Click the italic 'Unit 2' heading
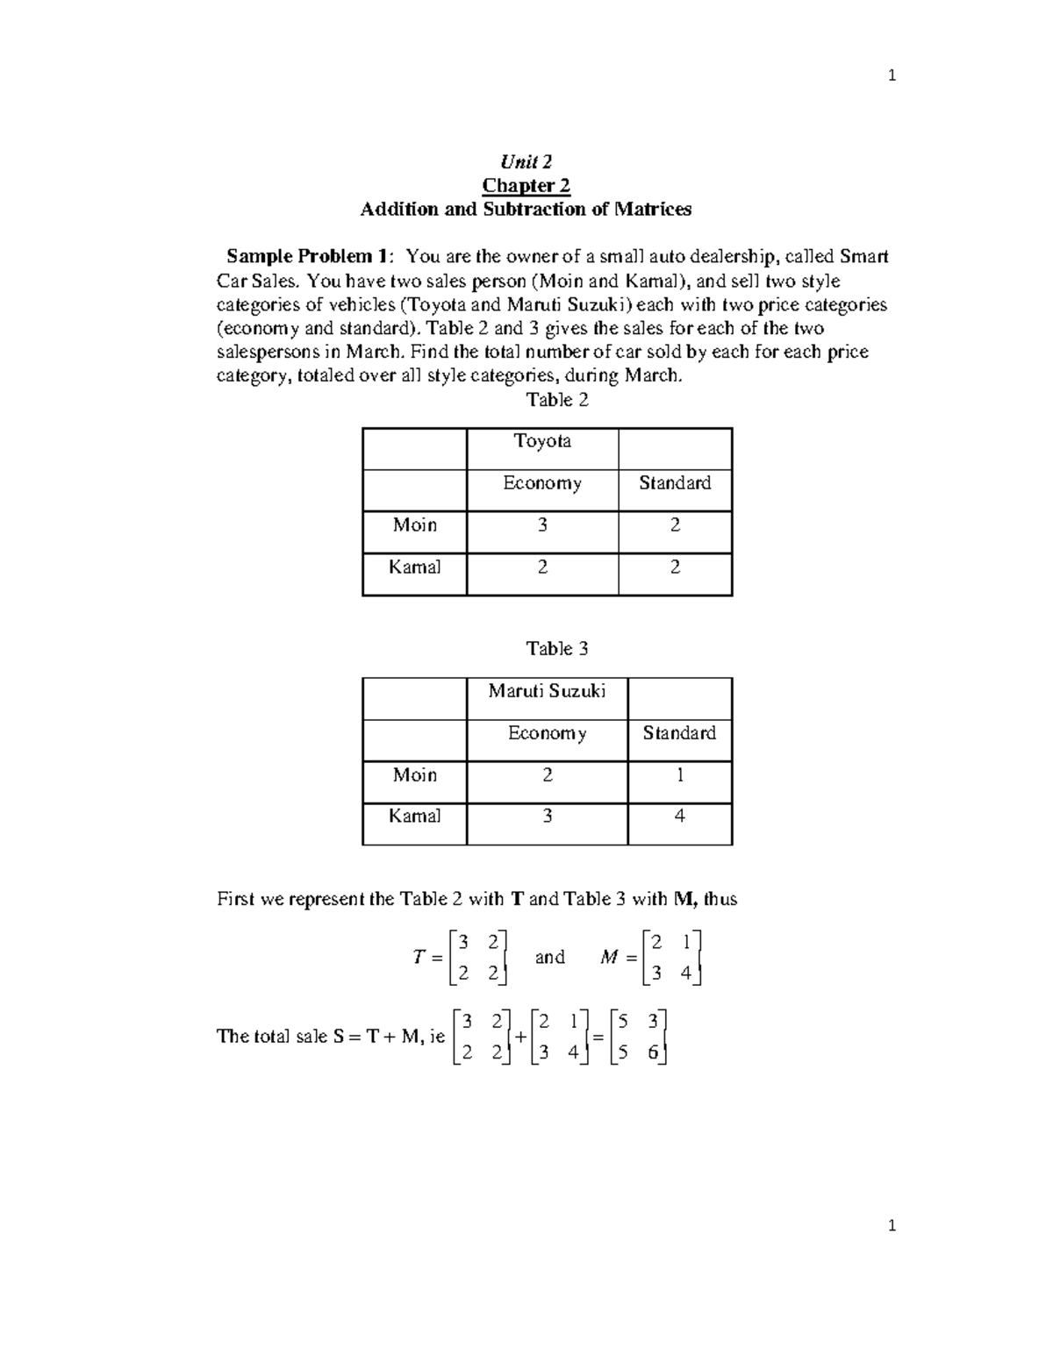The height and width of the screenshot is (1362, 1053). pos(526,161)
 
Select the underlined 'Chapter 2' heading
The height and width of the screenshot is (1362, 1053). pos(526,185)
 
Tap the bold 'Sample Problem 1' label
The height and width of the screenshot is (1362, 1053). pos(310,256)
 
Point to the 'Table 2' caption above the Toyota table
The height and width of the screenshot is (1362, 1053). pos(556,400)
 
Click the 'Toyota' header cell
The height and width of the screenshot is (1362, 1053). pos(542,441)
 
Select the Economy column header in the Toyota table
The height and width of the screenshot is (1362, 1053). pos(542,483)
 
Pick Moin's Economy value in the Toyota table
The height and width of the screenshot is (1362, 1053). pos(542,525)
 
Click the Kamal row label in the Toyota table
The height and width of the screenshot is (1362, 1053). pos(414,567)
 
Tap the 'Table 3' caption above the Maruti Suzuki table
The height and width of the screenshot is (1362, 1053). pos(556,649)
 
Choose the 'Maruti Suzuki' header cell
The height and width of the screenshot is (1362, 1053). pos(547,691)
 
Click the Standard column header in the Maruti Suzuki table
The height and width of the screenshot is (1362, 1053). pos(679,733)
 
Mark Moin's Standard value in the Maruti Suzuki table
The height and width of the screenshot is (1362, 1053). pos(679,775)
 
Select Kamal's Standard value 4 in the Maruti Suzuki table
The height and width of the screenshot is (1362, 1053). pos(679,816)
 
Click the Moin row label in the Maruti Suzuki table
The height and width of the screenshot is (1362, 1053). pos(414,775)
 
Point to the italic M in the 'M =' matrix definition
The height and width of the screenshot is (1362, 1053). pos(609,958)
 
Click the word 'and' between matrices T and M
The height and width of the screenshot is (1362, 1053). pos(549,957)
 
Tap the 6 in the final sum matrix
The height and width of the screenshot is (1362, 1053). pos(653,1053)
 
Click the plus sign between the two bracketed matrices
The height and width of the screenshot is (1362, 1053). pos(520,1037)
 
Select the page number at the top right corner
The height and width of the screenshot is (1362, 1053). pos(892,76)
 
